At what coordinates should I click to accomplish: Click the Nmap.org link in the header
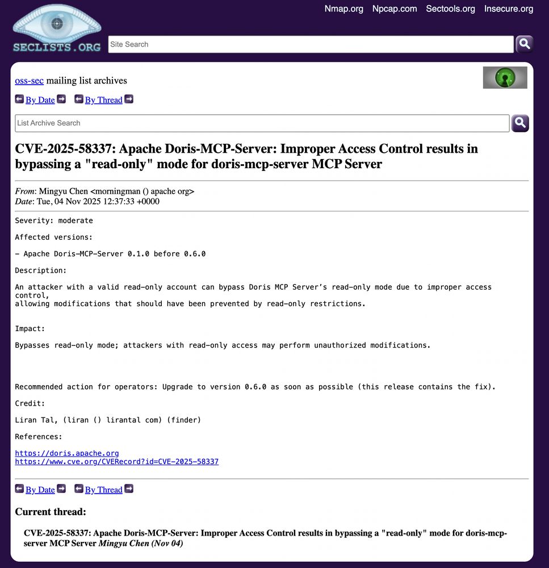coord(343,9)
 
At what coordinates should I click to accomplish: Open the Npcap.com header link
coord(394,9)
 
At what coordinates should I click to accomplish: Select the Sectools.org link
coord(450,9)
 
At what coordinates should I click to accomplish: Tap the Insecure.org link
coord(508,9)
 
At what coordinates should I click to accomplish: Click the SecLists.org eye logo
coord(57,28)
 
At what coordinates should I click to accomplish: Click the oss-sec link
coord(29,81)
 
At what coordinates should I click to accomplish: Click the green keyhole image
coord(505,77)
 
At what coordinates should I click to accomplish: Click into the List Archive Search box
coord(262,123)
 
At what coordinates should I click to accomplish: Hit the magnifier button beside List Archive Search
coord(520,123)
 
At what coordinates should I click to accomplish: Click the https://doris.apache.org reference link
coord(67,453)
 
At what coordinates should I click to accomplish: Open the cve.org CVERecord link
coord(116,462)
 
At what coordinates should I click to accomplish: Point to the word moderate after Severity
coord(76,220)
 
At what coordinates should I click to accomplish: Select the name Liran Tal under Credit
coord(33,420)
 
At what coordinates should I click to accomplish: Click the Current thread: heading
coord(51,512)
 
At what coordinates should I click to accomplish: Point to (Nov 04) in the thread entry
coord(167,544)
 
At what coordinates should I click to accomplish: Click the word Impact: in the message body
coord(30,329)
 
